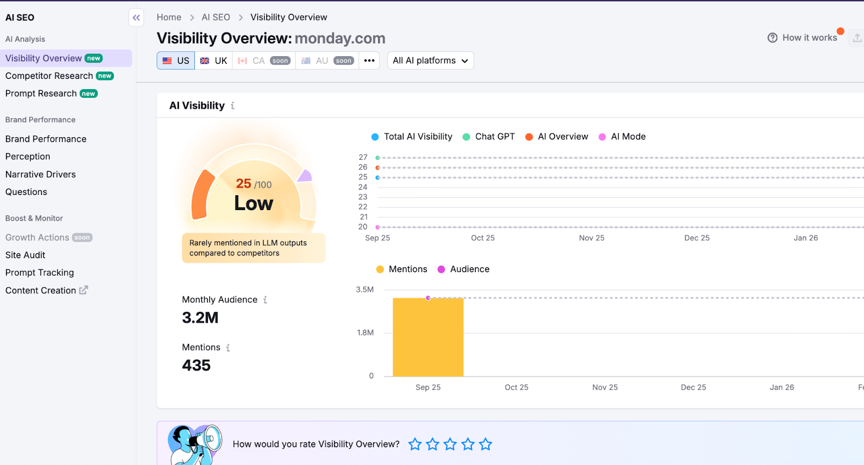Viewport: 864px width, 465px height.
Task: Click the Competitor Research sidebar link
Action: pyautogui.click(x=49, y=76)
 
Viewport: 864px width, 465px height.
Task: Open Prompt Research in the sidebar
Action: pyautogui.click(x=41, y=93)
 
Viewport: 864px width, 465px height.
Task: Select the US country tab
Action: pyautogui.click(x=176, y=60)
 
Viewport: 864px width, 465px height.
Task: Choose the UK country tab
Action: pyautogui.click(x=214, y=60)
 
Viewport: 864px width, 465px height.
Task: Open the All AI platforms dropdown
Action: pyautogui.click(x=430, y=60)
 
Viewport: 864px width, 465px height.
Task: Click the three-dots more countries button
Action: pyautogui.click(x=369, y=60)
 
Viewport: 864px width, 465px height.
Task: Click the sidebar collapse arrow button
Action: pyautogui.click(x=137, y=18)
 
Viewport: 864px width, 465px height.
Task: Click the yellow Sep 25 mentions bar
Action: pyautogui.click(x=428, y=337)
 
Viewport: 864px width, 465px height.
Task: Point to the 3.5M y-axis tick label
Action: pyautogui.click(x=364, y=289)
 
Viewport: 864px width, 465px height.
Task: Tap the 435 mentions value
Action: pyautogui.click(x=197, y=366)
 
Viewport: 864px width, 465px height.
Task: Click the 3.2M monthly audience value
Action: pyautogui.click(x=200, y=318)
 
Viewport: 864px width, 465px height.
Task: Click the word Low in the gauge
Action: pyautogui.click(x=254, y=204)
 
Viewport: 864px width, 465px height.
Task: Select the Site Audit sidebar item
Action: pyautogui.click(x=25, y=255)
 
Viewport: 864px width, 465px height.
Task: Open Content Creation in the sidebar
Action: pyautogui.click(x=41, y=291)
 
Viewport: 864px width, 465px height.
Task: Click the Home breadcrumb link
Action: pyautogui.click(x=169, y=17)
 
